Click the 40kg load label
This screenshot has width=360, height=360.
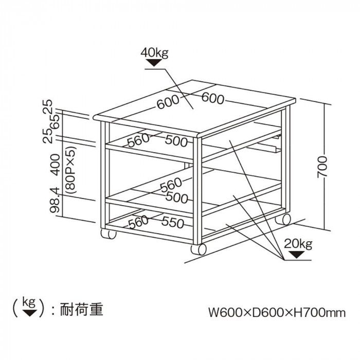click(x=155, y=52)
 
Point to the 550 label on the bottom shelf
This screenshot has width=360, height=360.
click(x=173, y=222)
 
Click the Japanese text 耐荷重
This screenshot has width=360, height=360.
click(x=82, y=310)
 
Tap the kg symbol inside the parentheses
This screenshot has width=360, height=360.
click(x=29, y=307)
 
